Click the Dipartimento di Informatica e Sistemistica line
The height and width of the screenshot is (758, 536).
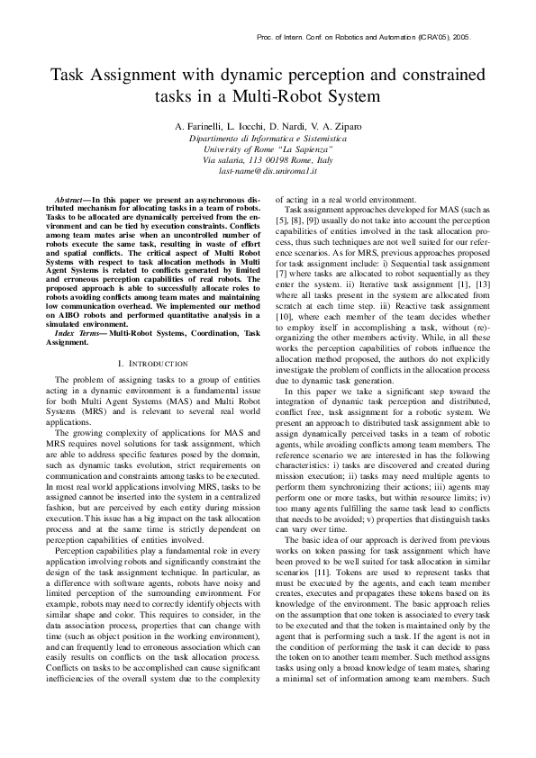pos(268,139)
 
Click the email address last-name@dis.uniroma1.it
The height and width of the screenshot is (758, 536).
pos(268,168)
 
